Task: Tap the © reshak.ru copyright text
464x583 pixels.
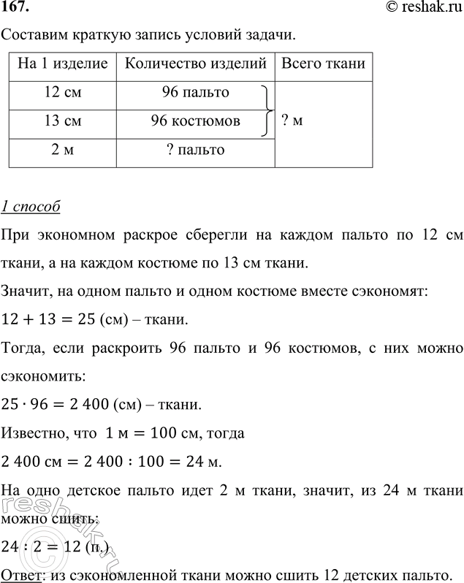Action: tap(419, 8)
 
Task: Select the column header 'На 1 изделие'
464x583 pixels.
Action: tap(62, 64)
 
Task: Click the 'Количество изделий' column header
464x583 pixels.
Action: tap(195, 64)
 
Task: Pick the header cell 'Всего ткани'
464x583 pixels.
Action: tap(323, 64)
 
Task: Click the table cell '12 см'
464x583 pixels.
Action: tap(62, 93)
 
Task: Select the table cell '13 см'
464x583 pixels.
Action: tap(62, 121)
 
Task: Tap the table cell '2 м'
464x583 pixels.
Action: tap(62, 150)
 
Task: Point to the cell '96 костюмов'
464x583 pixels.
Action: tap(195, 121)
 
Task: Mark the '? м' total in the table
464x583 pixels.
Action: tap(292, 121)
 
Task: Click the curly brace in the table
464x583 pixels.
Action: tap(267, 110)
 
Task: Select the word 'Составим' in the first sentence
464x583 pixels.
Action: tap(32, 34)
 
